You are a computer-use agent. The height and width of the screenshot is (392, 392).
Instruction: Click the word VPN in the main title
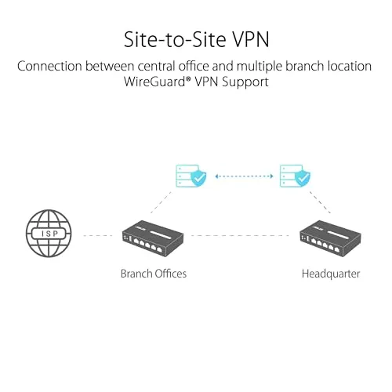pyautogui.click(x=251, y=40)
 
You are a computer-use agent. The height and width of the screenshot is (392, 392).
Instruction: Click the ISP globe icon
pyautogui.click(x=49, y=233)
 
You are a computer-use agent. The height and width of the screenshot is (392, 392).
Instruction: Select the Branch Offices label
pyautogui.click(x=154, y=274)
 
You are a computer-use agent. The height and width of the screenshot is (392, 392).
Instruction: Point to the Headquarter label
pyautogui.click(x=331, y=274)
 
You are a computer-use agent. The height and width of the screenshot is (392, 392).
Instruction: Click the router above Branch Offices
pyautogui.click(x=153, y=238)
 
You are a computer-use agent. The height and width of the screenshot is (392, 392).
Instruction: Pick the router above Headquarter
pyautogui.click(x=330, y=238)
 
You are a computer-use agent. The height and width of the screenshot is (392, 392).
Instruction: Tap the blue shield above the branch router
pyautogui.click(x=198, y=178)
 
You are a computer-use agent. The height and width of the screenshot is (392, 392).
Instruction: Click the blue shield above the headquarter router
pyautogui.click(x=303, y=178)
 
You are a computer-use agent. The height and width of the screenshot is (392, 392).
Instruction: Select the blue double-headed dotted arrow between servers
pyautogui.click(x=244, y=176)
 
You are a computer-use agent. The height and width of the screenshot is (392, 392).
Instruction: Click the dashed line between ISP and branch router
pyautogui.click(x=98, y=235)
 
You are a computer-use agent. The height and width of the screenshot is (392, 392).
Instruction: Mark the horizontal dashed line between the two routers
pyautogui.click(x=241, y=235)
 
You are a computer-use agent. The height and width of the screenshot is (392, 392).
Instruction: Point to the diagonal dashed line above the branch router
pyautogui.click(x=161, y=202)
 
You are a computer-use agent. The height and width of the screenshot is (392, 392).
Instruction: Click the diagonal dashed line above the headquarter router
pyautogui.click(x=320, y=202)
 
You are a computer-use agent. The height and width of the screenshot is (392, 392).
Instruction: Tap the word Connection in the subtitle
pyautogui.click(x=49, y=66)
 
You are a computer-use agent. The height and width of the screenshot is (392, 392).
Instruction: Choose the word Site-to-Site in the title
pyautogui.click(x=175, y=40)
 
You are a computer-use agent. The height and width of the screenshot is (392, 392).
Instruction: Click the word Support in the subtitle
pyautogui.click(x=245, y=82)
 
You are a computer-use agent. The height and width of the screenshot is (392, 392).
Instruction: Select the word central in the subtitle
pyautogui.click(x=156, y=66)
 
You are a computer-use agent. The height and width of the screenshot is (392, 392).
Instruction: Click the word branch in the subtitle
pyautogui.click(x=304, y=66)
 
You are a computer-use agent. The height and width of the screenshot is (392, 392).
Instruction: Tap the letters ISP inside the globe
pyautogui.click(x=49, y=234)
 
